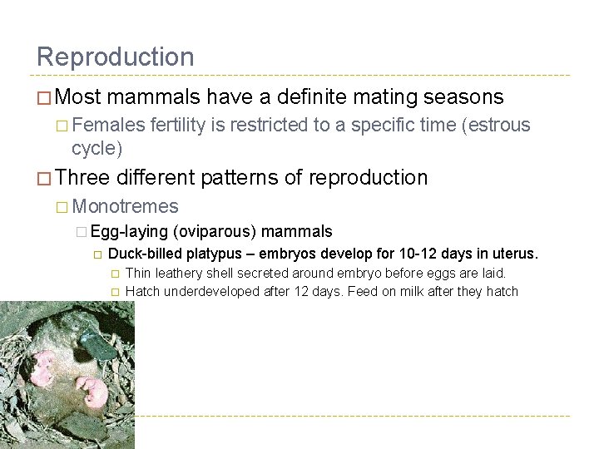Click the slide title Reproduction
pos(115,57)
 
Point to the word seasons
pos(464,97)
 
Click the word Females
pos(108,126)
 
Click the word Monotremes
pos(126,206)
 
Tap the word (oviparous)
pos(215,232)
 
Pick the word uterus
pos(516,254)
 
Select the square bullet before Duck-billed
pos(97,254)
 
